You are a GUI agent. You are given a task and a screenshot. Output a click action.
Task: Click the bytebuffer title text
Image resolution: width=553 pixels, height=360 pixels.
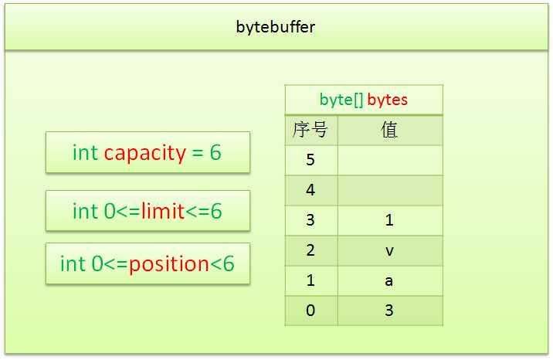pyautogui.click(x=276, y=28)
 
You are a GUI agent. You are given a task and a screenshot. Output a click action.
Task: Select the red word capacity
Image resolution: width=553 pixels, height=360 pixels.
pyautogui.click(x=144, y=154)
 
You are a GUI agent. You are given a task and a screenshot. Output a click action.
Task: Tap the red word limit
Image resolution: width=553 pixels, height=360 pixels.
pyautogui.click(x=163, y=211)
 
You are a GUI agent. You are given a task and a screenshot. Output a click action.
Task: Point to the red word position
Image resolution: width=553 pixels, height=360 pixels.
pyautogui.click(x=169, y=264)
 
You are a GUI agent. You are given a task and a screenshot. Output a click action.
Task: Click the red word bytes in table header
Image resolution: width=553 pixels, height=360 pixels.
pyautogui.click(x=387, y=100)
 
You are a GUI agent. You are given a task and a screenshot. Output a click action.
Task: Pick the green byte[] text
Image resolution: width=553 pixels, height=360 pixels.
pyautogui.click(x=341, y=100)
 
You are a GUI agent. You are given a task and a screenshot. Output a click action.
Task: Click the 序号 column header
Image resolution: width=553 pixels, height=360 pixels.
pyautogui.click(x=310, y=130)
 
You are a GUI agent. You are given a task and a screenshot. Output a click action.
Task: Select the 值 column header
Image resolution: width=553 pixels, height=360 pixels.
pyautogui.click(x=389, y=130)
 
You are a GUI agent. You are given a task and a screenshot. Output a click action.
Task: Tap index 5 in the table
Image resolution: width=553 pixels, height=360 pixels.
pyautogui.click(x=310, y=160)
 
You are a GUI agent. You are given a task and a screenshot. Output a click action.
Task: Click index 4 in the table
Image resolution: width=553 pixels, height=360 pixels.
pyautogui.click(x=310, y=190)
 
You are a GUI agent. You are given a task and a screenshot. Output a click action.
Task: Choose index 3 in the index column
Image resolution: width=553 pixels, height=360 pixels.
pyautogui.click(x=310, y=220)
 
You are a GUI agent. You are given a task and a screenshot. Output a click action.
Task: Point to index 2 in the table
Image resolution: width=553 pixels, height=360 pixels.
pyautogui.click(x=310, y=250)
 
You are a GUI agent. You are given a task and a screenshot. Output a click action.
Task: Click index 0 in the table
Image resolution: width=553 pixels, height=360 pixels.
pyautogui.click(x=310, y=311)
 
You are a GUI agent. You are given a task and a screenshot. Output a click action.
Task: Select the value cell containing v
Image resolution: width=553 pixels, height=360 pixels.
pyautogui.click(x=390, y=251)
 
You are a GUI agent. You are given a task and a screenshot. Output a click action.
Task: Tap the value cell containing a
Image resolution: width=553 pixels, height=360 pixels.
pyautogui.click(x=390, y=281)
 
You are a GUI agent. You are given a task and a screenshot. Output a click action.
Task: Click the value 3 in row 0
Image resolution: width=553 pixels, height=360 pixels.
pyautogui.click(x=389, y=311)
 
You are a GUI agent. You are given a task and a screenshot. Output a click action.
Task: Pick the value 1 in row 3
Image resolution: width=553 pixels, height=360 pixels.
pyautogui.click(x=389, y=220)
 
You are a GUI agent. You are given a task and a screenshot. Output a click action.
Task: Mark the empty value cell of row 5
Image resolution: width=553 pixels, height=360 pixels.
pyautogui.click(x=390, y=160)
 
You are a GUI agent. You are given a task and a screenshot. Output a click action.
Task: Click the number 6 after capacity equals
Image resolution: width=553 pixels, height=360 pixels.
pyautogui.click(x=215, y=153)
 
